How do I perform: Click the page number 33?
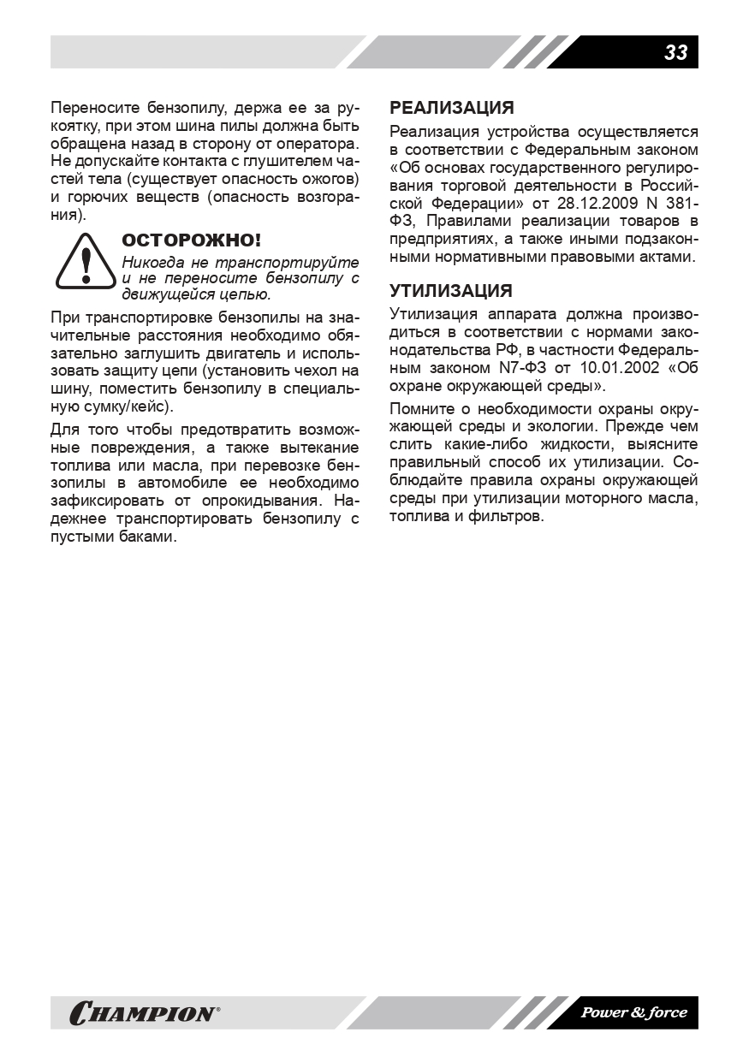[675, 52]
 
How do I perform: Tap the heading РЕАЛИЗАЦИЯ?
[452, 108]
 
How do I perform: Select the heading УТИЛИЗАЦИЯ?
[451, 290]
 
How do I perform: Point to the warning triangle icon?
[85, 263]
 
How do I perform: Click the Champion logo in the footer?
[144, 1013]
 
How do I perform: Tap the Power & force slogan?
[633, 1013]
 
